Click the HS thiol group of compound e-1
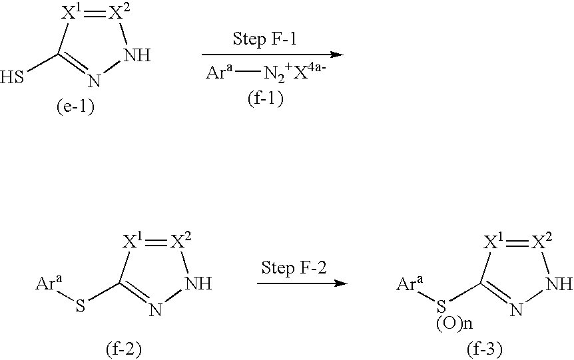click(12, 78)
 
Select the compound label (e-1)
click(75, 107)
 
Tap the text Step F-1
click(264, 39)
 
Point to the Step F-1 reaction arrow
click(273, 55)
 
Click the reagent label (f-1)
click(266, 98)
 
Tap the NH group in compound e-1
click(137, 56)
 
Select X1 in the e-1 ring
click(71, 13)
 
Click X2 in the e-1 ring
click(120, 13)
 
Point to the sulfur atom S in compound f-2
click(80, 305)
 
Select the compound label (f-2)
click(123, 349)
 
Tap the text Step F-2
click(294, 268)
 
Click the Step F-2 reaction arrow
click(302, 283)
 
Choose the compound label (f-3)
click(484, 349)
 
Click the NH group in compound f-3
click(559, 283)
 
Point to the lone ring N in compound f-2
click(156, 309)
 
